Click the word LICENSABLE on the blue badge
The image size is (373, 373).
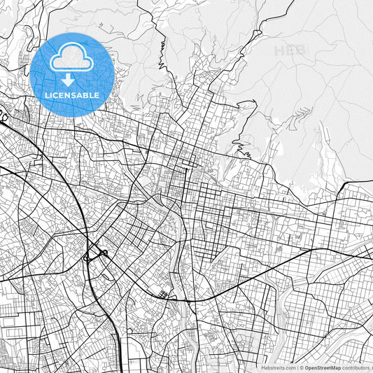[x=72, y=94]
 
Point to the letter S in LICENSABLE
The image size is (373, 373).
[x=73, y=94]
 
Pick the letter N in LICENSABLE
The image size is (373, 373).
[x=66, y=94]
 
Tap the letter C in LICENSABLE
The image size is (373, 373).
[x=55, y=94]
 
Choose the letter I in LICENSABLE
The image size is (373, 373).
[x=50, y=94]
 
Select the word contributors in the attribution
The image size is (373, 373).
[x=357, y=367]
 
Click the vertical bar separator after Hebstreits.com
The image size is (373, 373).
[x=298, y=367]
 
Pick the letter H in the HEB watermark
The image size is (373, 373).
[x=279, y=50]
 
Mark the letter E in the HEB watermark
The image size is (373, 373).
[x=288, y=50]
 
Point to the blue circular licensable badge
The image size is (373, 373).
[x=72, y=72]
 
